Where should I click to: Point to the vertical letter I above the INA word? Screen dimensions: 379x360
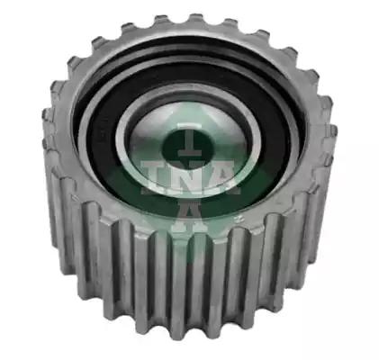click(x=189, y=142)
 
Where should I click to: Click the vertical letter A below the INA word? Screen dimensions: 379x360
click(x=189, y=215)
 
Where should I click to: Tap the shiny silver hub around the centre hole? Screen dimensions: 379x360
click(x=186, y=138)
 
